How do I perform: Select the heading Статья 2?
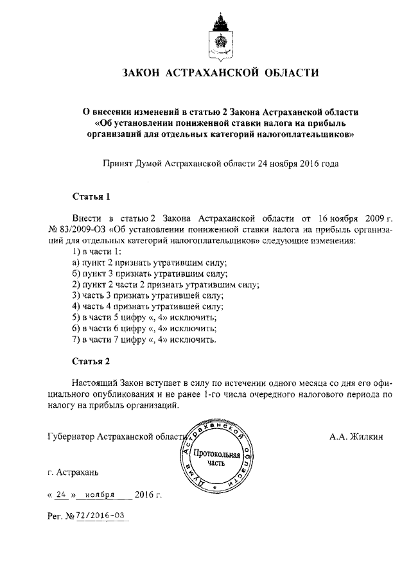click(91, 361)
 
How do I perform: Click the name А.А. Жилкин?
click(356, 437)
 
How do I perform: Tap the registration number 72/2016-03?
click(101, 516)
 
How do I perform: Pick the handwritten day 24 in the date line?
click(62, 495)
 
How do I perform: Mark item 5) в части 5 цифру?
click(144, 317)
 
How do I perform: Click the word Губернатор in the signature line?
click(70, 437)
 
